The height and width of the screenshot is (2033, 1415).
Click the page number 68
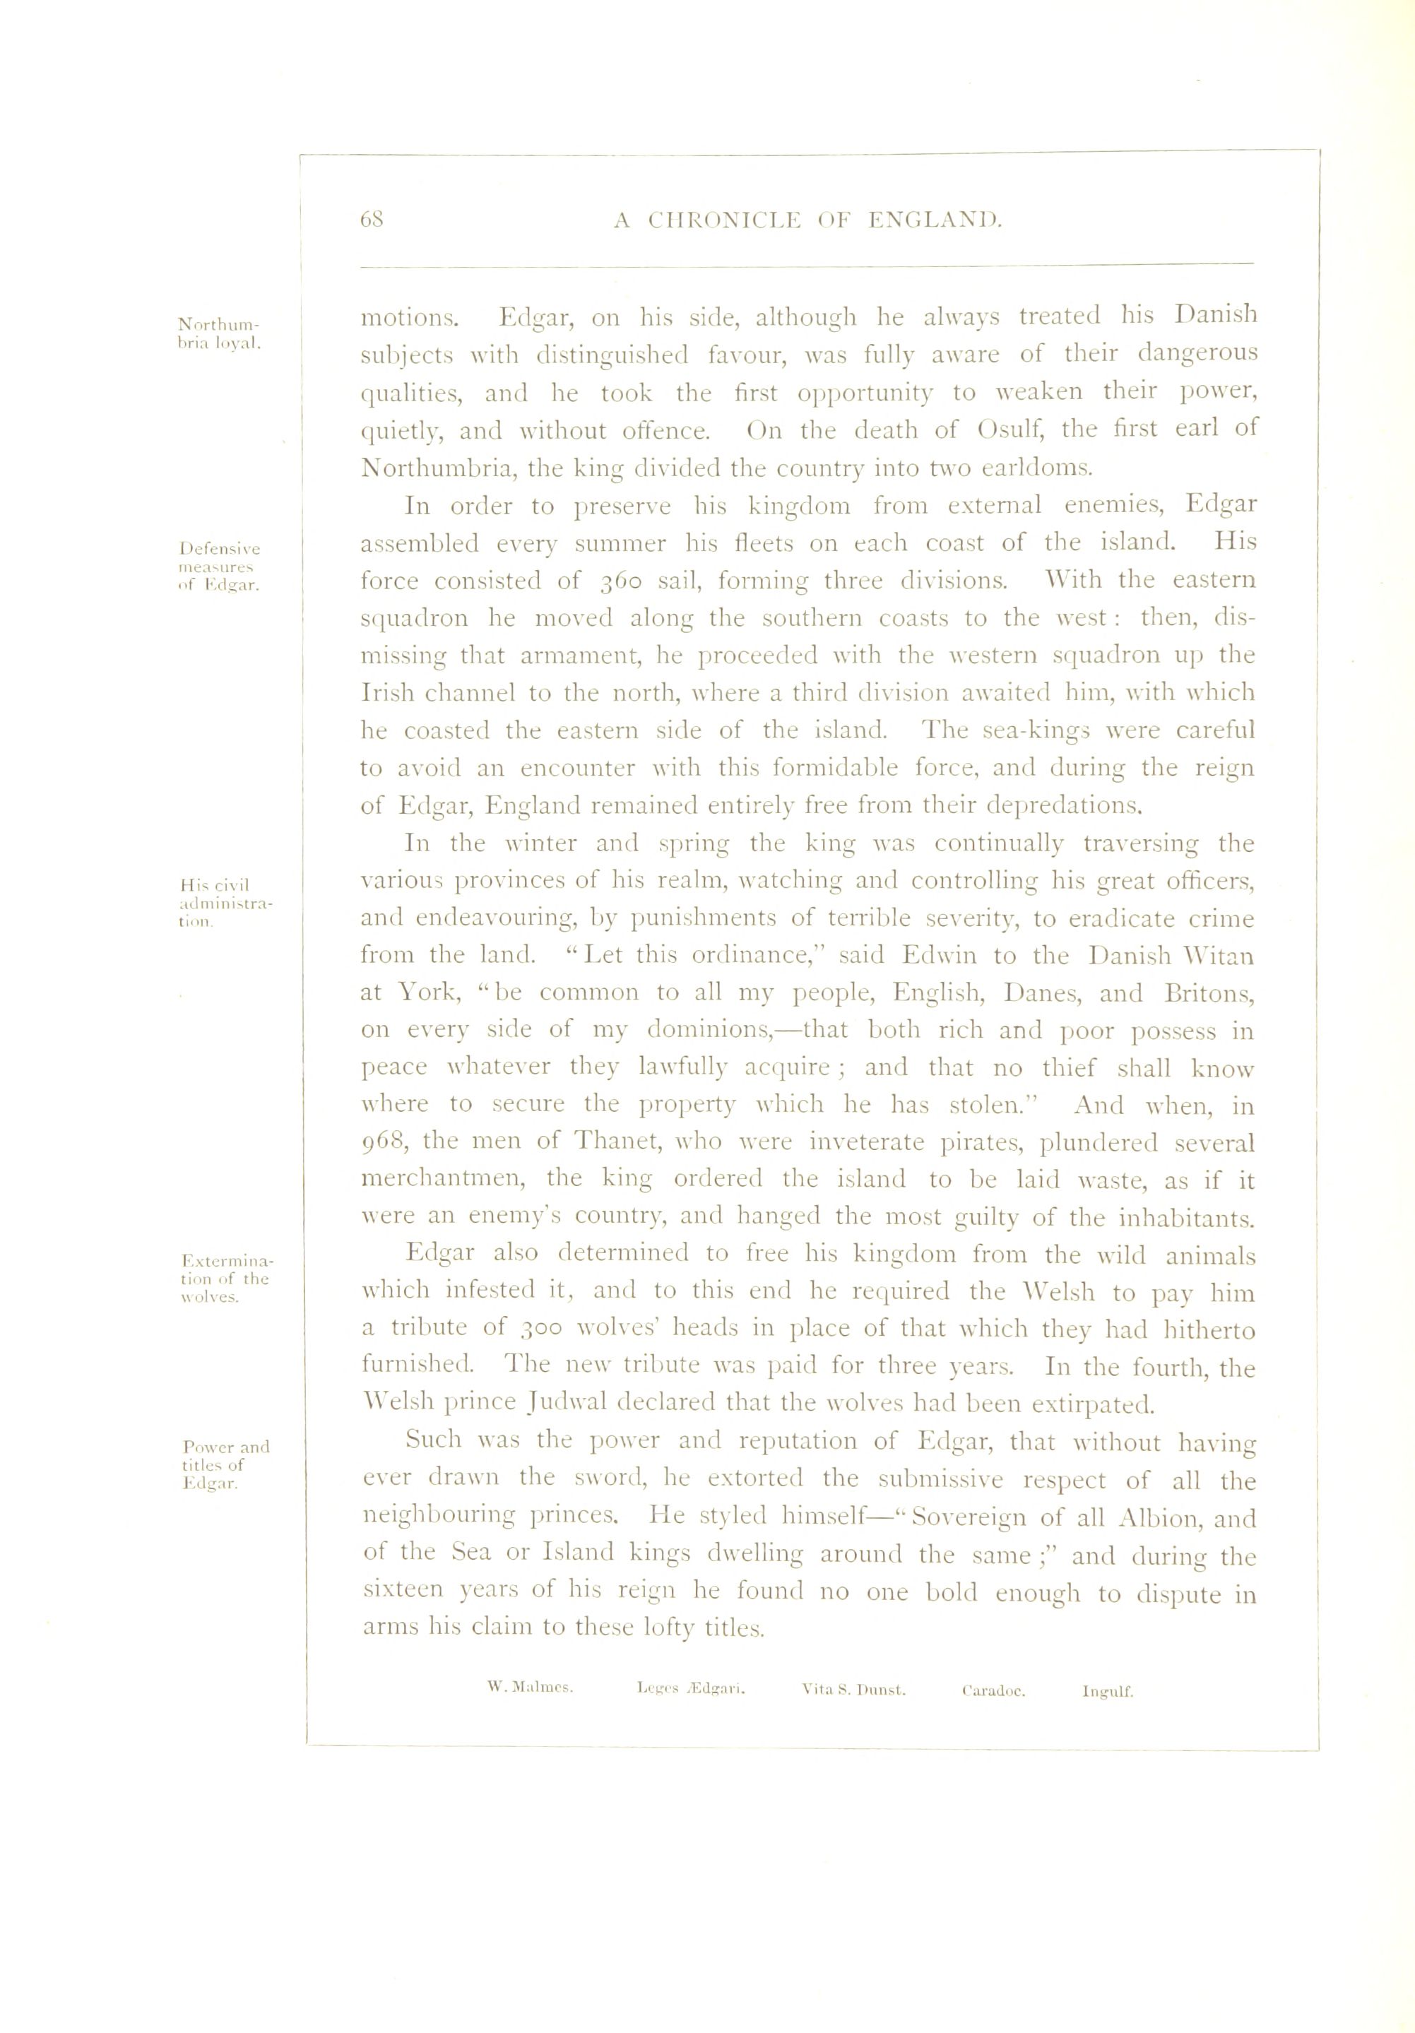[372, 220]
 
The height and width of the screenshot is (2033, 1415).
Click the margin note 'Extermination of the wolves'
[226, 1279]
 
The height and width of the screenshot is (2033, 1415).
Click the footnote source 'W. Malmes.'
[531, 1688]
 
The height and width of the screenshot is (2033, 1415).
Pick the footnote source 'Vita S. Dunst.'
[853, 1690]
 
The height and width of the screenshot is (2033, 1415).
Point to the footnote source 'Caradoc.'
[993, 1690]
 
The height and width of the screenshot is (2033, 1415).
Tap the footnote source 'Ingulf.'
[1107, 1691]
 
